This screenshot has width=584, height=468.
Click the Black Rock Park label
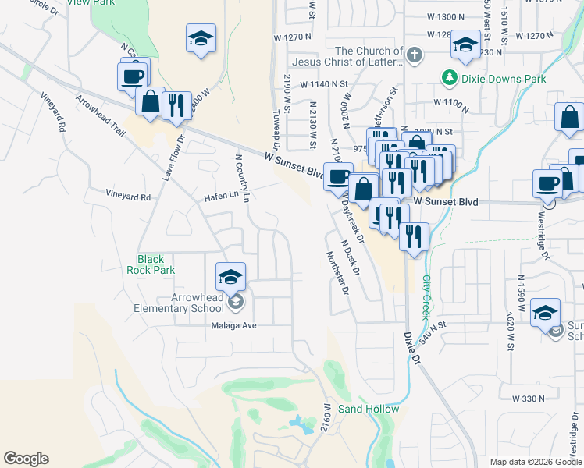pos(151,264)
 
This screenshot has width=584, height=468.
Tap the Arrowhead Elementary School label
pos(198,303)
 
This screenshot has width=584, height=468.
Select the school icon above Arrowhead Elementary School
pos(231,277)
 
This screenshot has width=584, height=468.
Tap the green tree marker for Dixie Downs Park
pos(449,78)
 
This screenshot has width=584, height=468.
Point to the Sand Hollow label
pos(368,409)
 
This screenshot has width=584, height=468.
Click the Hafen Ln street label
pos(221,196)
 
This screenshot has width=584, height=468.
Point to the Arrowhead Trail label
pos(101,115)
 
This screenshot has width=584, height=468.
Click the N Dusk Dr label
pos(351,257)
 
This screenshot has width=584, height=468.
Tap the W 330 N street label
pos(528,399)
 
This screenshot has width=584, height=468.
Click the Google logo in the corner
pos(26,459)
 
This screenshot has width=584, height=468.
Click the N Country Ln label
pos(242,177)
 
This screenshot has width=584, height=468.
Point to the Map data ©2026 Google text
pos(535,462)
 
